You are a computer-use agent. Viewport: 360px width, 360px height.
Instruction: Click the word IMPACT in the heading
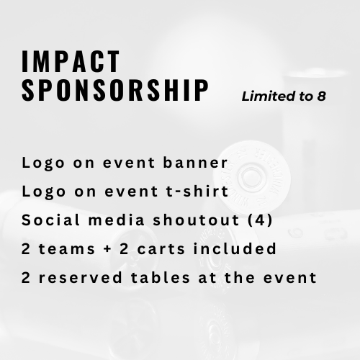pos(71,61)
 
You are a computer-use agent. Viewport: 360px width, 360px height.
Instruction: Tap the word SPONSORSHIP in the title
pos(115,90)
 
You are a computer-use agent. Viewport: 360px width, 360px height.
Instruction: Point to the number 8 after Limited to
pos(321,96)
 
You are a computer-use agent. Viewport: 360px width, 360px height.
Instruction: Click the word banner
pos(195,163)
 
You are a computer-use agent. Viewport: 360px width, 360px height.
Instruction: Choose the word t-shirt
pos(197,191)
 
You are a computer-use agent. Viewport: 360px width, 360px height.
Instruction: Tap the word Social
pos(50,220)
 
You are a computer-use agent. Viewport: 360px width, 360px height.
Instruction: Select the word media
pos(117,220)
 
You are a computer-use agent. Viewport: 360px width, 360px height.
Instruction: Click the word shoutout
pos(196,220)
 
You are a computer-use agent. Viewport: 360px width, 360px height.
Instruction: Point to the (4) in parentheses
pos(261,220)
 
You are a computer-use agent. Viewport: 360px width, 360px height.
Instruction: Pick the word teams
pos(67,248)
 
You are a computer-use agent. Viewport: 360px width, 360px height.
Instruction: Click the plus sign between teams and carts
pos(107,249)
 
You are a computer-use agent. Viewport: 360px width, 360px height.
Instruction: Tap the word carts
pos(161,248)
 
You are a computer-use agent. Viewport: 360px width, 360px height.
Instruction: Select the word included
pos(235,248)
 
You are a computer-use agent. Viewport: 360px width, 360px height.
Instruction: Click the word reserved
pos(81,277)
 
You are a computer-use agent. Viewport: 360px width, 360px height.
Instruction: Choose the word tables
pos(161,277)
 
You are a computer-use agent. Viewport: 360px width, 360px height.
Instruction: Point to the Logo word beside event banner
pos(43,163)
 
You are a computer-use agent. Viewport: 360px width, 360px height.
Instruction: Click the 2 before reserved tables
pos(26,278)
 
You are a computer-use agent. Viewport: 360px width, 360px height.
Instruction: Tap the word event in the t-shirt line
pos(131,192)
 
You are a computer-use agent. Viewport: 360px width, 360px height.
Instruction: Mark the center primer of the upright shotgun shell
pos(251,176)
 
